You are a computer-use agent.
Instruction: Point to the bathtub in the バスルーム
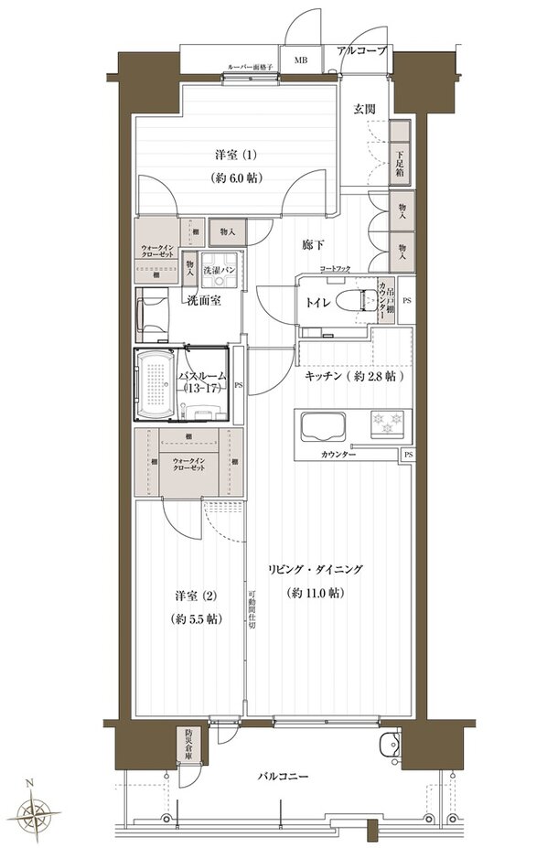click(x=156, y=384)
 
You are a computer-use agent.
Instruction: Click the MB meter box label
click(x=300, y=61)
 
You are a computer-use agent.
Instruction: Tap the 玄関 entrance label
click(x=364, y=109)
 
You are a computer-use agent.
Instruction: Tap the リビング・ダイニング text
click(x=315, y=570)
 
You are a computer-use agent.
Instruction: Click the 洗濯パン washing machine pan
click(x=220, y=271)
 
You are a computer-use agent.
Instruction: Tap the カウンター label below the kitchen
click(x=338, y=455)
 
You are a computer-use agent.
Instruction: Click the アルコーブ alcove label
click(x=361, y=50)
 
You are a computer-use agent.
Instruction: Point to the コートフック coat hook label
click(x=335, y=268)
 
